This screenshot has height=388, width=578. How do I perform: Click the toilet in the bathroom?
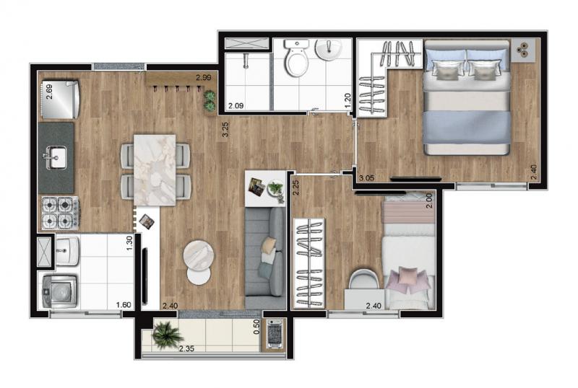tap(297, 58)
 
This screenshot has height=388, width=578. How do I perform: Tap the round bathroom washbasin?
tap(329, 49)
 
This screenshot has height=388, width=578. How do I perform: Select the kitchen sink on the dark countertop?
tap(56, 158)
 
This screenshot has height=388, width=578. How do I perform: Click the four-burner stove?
tap(60, 213)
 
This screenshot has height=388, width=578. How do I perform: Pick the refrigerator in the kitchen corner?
tap(60, 100)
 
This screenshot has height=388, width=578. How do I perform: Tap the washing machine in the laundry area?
tap(59, 291)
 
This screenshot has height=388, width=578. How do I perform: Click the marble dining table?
tap(155, 169)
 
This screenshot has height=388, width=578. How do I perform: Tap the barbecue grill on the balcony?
tap(275, 333)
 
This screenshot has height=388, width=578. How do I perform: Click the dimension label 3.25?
tap(225, 130)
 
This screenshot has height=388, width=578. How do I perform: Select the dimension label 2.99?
tap(204, 77)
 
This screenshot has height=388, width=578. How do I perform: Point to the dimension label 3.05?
tap(367, 178)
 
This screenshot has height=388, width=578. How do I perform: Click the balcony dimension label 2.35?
tap(186, 348)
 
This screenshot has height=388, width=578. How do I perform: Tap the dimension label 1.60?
tap(123, 305)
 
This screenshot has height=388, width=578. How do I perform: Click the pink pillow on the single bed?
tap(407, 275)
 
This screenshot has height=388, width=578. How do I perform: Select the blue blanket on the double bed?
tap(467, 128)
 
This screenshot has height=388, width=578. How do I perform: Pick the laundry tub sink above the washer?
tap(67, 251)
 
